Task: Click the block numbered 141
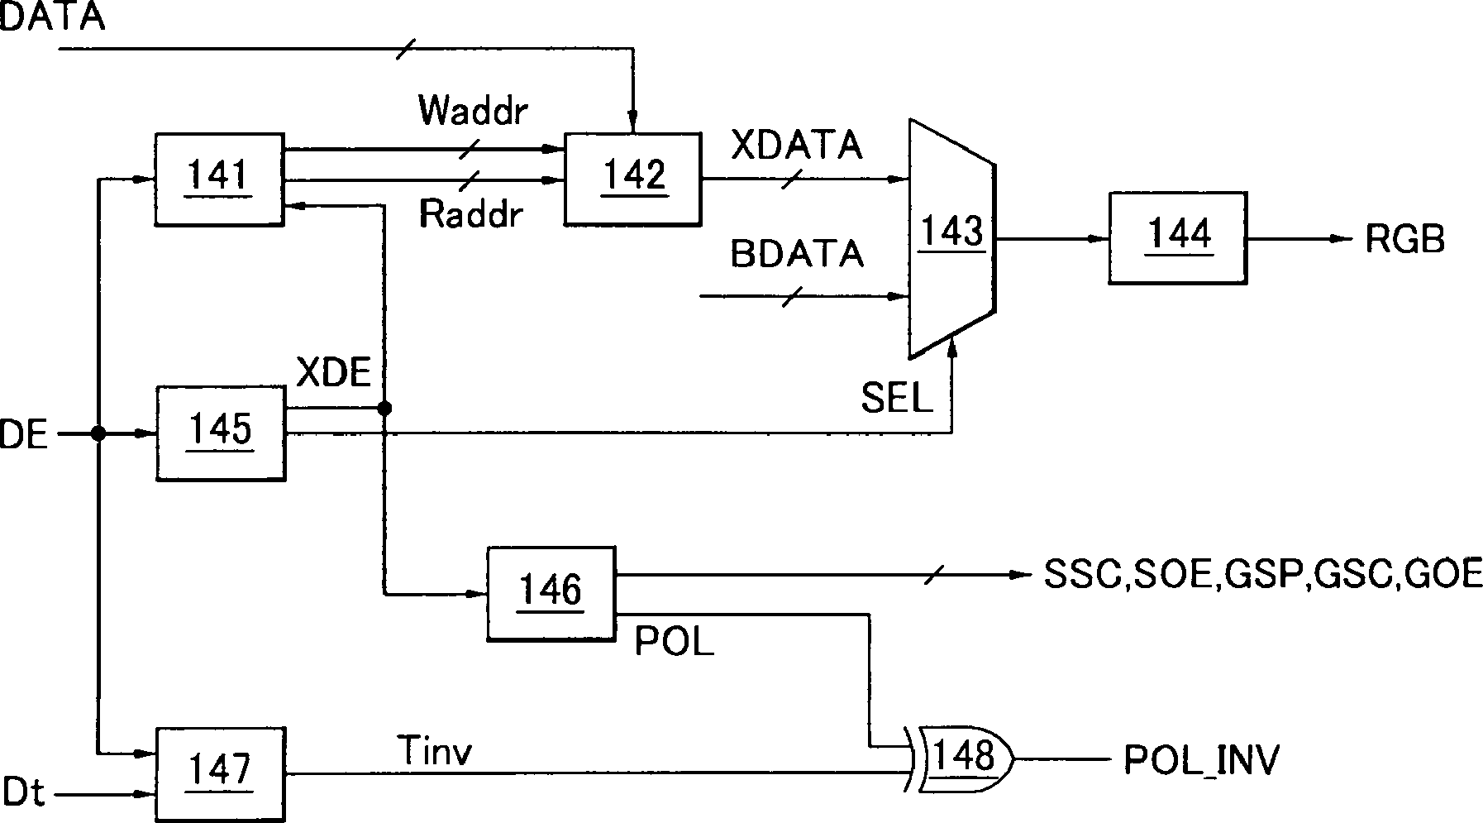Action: [219, 179]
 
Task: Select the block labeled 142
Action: [633, 179]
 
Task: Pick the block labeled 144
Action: [1178, 239]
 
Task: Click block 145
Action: [221, 433]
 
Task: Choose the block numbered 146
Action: [551, 593]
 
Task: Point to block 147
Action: [221, 774]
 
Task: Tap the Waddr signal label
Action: [473, 110]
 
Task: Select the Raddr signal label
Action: [471, 214]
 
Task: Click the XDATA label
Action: [798, 147]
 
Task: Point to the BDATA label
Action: [798, 254]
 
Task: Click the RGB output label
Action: [1405, 240]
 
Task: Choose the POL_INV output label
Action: [1201, 759]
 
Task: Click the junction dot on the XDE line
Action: [384, 409]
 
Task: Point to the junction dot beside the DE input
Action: [98, 433]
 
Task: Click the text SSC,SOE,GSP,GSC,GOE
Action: [1263, 574]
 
